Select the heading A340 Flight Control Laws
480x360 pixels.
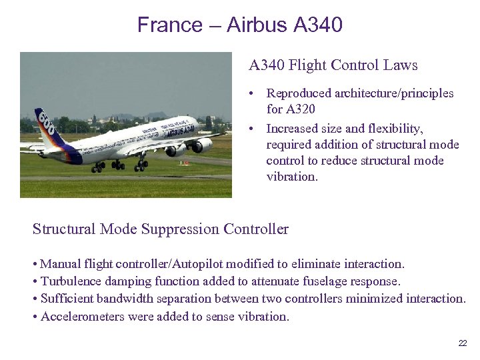[333, 65]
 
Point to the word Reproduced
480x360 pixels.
[302, 93]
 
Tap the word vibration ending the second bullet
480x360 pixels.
[292, 177]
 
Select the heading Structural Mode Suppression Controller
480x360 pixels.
[161, 229]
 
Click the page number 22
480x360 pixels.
[463, 343]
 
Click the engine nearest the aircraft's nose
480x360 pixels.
[201, 145]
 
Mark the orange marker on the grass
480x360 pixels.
[186, 162]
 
